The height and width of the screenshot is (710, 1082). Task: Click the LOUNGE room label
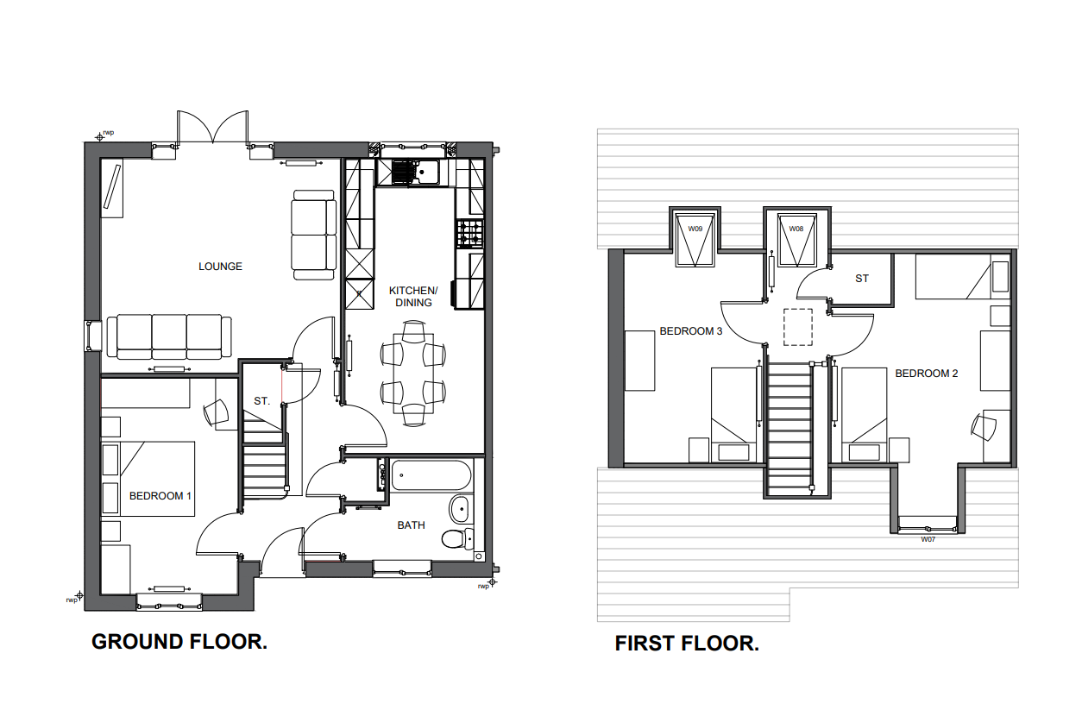[x=220, y=266]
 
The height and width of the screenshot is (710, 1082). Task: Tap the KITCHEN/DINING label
[x=413, y=297]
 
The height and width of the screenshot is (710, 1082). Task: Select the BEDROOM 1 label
[x=160, y=496]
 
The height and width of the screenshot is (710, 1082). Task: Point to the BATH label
[x=411, y=525]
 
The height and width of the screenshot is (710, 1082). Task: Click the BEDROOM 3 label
[x=691, y=331]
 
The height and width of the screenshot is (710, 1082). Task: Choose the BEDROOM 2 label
[x=927, y=374]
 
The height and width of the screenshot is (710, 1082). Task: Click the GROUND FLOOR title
[x=179, y=642]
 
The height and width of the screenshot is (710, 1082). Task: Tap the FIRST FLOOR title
[x=687, y=644]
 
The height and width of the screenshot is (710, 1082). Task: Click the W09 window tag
[x=695, y=229]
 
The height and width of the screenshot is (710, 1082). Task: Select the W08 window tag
[x=796, y=229]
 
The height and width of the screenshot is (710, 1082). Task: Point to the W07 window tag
[x=928, y=539]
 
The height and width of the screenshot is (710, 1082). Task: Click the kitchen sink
[x=415, y=172]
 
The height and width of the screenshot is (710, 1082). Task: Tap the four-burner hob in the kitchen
[x=470, y=234]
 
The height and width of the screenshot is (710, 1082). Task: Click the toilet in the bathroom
[x=458, y=538]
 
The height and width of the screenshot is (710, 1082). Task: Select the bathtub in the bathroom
[x=431, y=474]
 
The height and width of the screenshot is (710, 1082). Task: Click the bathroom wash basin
[x=459, y=509]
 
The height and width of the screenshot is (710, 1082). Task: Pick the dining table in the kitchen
[x=413, y=374]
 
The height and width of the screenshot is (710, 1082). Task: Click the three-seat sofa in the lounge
[x=169, y=337]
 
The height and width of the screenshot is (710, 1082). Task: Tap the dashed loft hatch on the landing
[x=798, y=327]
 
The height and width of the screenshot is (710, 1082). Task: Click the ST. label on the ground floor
[x=261, y=401]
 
